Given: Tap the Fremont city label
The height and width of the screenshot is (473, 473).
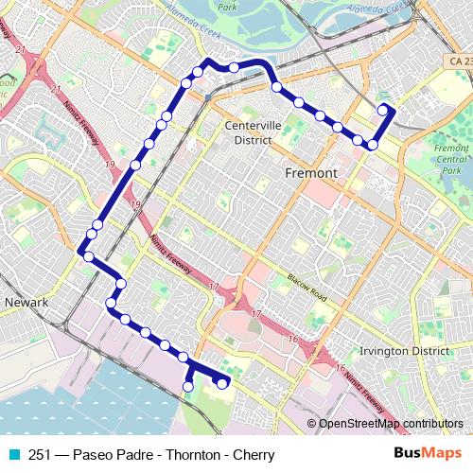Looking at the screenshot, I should [x=310, y=173].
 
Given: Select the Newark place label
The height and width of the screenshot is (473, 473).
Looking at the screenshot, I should [x=26, y=302].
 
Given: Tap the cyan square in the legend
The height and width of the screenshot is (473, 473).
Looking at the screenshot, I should [x=13, y=455].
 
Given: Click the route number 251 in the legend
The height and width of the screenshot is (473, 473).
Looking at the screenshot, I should [x=40, y=455].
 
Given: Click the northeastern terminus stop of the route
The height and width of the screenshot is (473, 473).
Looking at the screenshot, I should [x=383, y=111].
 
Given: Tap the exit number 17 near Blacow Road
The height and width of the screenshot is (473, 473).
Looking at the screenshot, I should [x=255, y=313].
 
